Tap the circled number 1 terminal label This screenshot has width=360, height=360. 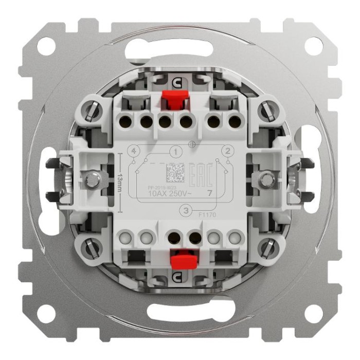click(x=176, y=152)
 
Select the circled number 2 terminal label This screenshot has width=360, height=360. click(x=225, y=151)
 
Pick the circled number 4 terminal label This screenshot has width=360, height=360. click(x=134, y=152)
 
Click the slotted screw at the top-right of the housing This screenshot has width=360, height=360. click(x=265, y=109)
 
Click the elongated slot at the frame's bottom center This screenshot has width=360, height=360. click(x=179, y=313)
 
